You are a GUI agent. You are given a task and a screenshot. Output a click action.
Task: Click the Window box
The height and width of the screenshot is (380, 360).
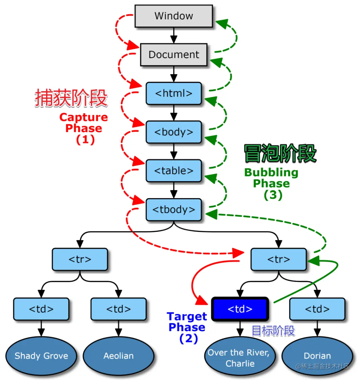(x=174, y=16)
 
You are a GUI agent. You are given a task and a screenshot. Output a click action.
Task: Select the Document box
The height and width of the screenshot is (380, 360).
(x=174, y=55)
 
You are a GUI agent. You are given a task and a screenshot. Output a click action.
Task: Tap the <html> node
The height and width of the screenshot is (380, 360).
(x=174, y=93)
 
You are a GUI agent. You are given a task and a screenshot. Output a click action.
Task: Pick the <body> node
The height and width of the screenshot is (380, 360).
(x=174, y=132)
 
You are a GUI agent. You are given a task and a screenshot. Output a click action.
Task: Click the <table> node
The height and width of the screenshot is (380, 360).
(x=174, y=171)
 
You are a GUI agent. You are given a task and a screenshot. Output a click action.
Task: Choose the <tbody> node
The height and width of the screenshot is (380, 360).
(x=174, y=210)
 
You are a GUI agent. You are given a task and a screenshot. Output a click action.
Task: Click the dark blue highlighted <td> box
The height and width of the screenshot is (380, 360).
(x=240, y=309)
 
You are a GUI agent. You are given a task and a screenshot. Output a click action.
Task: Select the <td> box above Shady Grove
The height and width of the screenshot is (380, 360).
(x=41, y=309)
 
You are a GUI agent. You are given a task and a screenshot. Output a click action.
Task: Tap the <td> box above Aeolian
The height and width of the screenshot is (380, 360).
(x=118, y=309)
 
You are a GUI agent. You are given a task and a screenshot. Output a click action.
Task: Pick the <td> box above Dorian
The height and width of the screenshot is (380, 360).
(x=317, y=309)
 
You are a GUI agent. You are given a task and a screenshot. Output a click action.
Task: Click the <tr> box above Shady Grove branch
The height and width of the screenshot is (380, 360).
(x=80, y=259)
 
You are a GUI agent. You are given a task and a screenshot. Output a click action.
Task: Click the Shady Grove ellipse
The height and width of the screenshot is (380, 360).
(x=41, y=356)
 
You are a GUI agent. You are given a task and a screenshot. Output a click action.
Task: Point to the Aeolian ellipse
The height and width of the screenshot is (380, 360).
(x=118, y=356)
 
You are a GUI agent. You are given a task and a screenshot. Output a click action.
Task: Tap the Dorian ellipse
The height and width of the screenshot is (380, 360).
(x=317, y=356)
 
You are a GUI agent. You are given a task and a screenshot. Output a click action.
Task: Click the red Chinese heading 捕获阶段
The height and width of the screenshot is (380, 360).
(x=71, y=98)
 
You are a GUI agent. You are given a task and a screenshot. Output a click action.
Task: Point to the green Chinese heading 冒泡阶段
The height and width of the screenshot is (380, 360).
(x=280, y=154)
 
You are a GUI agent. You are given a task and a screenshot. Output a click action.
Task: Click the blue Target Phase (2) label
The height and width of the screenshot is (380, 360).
(x=187, y=327)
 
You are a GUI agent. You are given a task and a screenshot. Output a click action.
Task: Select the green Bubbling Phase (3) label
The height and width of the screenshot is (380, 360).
(x=271, y=183)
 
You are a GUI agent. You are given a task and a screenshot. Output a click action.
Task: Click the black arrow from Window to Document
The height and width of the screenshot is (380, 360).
(x=174, y=35)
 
